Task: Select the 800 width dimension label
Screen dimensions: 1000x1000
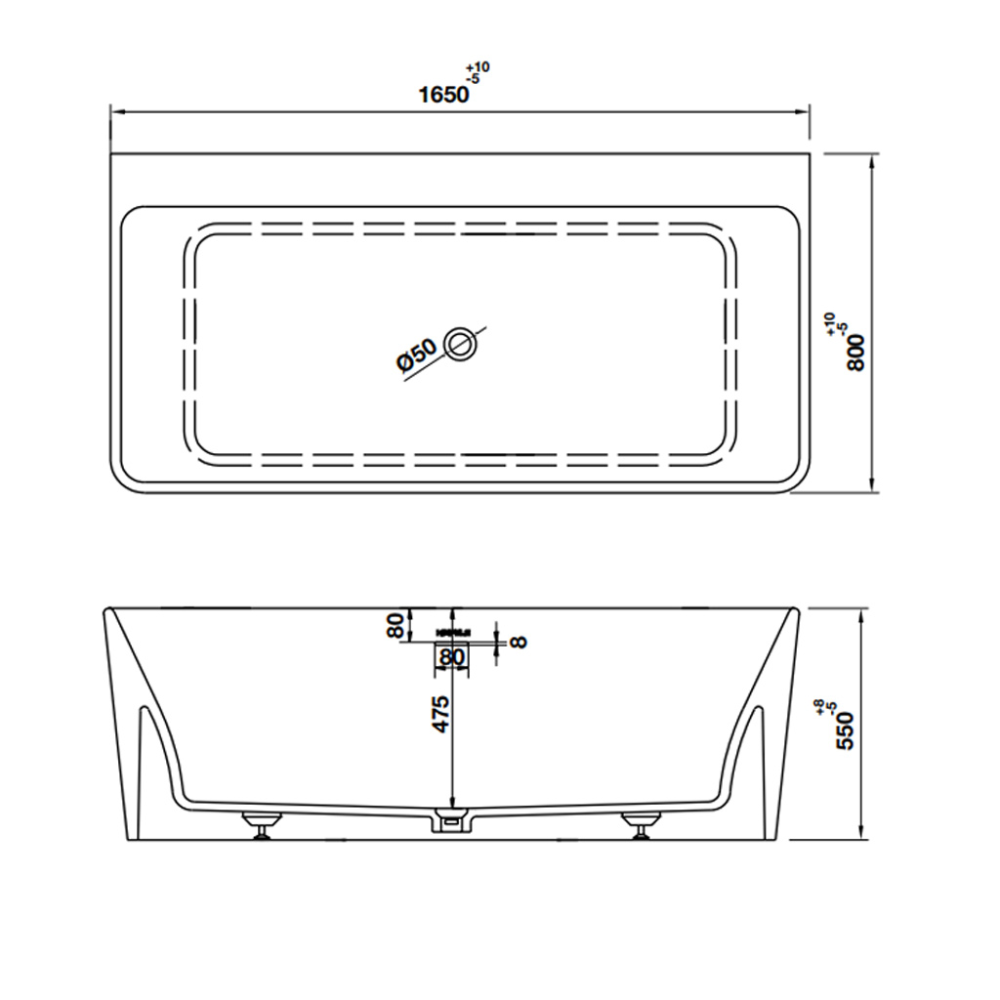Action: [856, 352]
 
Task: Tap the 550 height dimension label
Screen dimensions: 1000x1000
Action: [846, 729]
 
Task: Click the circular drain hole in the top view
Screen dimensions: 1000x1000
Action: [460, 344]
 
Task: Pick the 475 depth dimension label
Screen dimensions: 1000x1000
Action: [440, 715]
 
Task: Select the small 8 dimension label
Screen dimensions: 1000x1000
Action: [519, 642]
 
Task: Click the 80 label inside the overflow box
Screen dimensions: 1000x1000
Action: [451, 658]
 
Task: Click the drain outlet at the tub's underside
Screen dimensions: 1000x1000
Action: [450, 821]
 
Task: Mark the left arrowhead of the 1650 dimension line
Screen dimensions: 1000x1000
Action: [114, 112]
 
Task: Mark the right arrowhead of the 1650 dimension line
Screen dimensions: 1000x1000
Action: [806, 112]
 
